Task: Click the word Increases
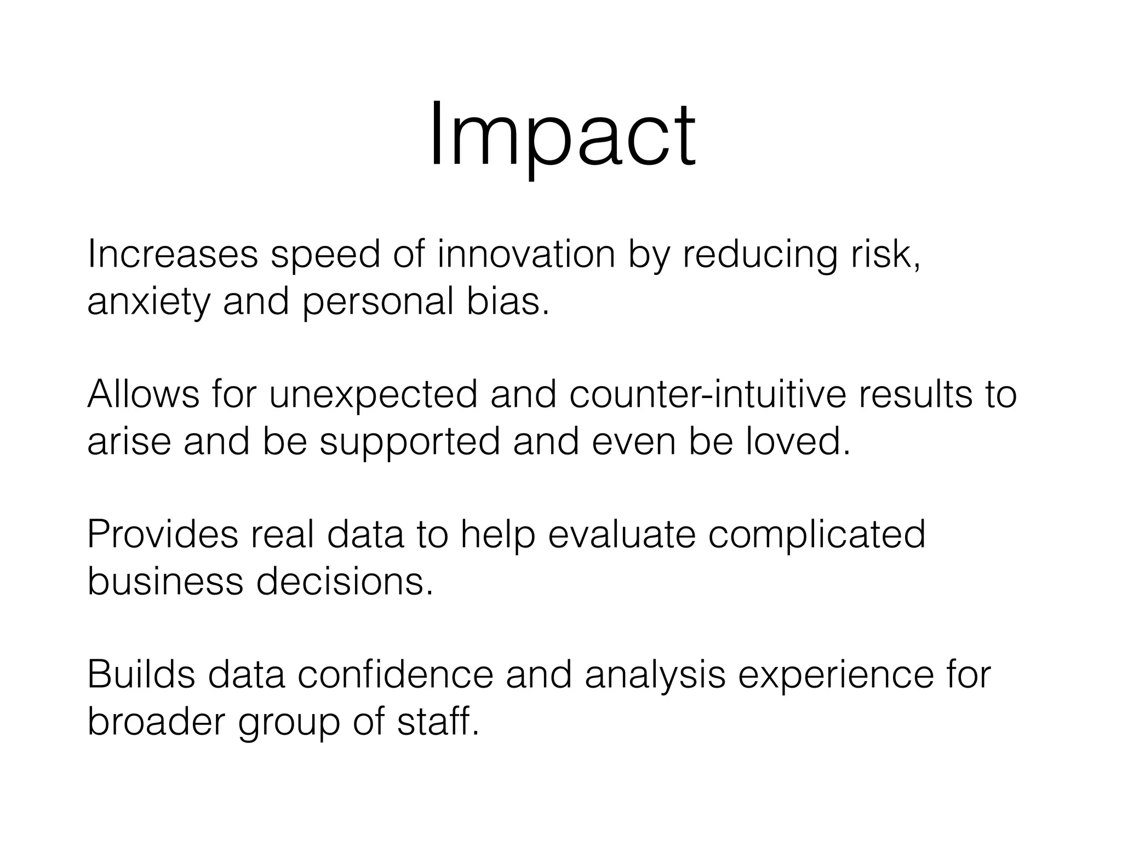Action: click(x=173, y=255)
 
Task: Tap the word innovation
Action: click(x=526, y=255)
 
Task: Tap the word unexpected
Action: click(x=373, y=395)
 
